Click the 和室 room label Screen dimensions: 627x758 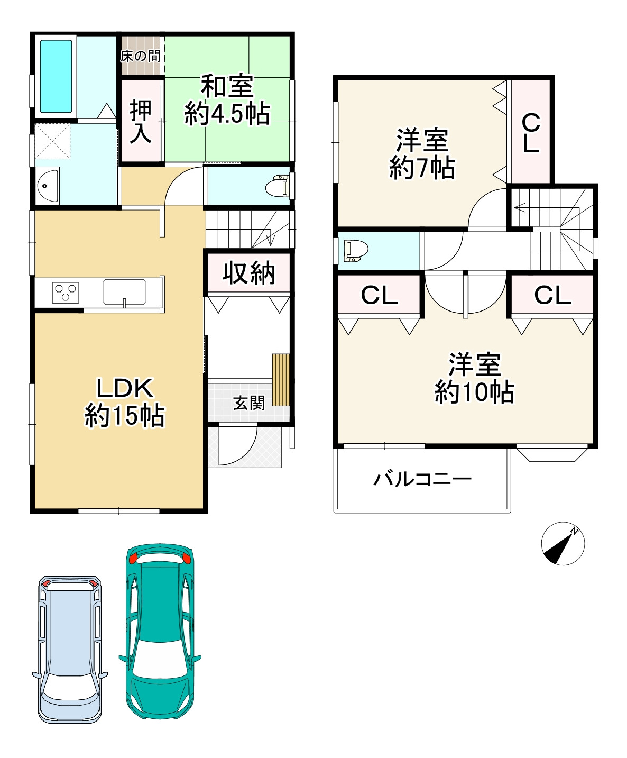[227, 86]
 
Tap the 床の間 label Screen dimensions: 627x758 [141, 56]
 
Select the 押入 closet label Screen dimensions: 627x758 [141, 121]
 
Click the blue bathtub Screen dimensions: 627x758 [56, 76]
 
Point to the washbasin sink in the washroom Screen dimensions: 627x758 [47, 186]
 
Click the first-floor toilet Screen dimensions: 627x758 [278, 186]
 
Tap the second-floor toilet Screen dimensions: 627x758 [356, 251]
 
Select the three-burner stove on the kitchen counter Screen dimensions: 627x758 [66, 292]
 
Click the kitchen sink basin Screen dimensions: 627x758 [124, 292]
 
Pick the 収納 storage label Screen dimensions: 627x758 [249, 272]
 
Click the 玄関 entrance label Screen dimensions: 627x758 [249, 403]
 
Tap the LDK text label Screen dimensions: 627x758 [124, 388]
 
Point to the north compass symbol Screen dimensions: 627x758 [563, 543]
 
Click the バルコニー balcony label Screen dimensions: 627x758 [423, 479]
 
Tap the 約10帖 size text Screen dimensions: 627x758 [475, 392]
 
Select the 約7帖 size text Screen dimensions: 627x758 [422, 168]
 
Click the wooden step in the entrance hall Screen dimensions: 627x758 [281, 380]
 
